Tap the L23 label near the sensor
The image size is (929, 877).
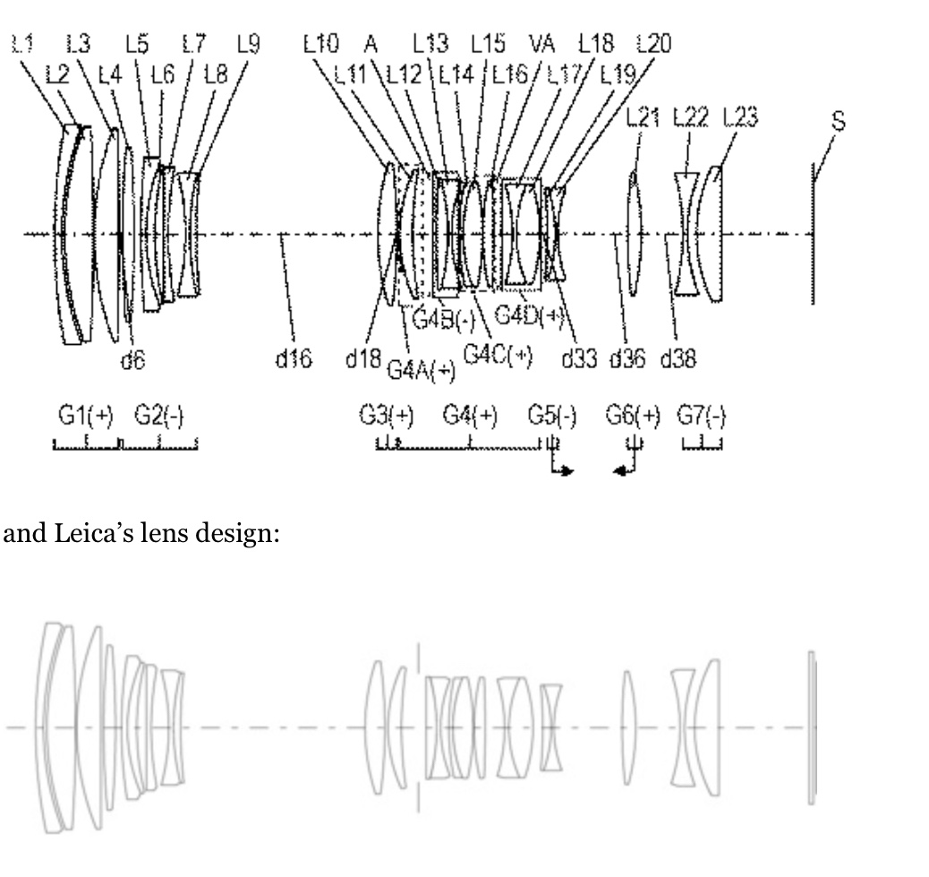coord(740,117)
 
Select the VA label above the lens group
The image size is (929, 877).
coord(543,42)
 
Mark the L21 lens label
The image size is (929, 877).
coord(641,117)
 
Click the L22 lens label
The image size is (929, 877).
coord(690,117)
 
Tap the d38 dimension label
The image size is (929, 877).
coord(678,359)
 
